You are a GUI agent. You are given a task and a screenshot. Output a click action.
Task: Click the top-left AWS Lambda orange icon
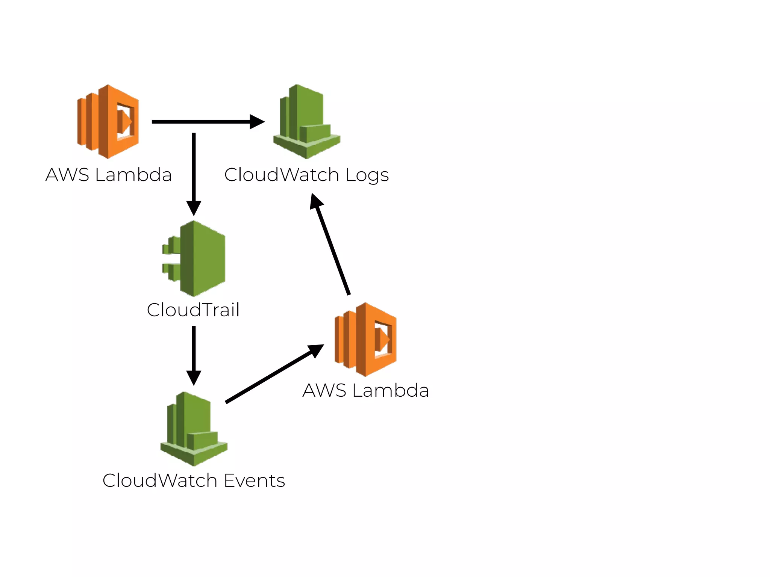coord(108,121)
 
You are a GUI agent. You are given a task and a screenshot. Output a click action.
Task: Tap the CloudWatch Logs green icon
coord(306,122)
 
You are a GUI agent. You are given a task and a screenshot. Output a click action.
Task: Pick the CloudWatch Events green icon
coord(194,429)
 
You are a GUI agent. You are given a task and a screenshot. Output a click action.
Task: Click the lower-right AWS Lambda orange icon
coord(365,339)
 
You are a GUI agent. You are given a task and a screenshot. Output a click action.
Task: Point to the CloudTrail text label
coord(193,310)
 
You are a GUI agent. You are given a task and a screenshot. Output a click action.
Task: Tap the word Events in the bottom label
coord(255,480)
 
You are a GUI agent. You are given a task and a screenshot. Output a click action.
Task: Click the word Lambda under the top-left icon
coord(133,175)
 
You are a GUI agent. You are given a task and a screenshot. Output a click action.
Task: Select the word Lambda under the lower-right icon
coord(391,390)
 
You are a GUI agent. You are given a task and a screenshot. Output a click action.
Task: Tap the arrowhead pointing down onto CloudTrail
coord(194,208)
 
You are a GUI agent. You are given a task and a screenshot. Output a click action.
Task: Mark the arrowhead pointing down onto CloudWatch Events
coord(194,378)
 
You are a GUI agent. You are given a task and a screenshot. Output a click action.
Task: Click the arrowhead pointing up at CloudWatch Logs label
coord(316,201)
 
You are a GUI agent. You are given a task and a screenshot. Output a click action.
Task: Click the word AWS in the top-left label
coord(67,175)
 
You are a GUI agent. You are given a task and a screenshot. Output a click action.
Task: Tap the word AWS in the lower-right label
coord(324,390)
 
